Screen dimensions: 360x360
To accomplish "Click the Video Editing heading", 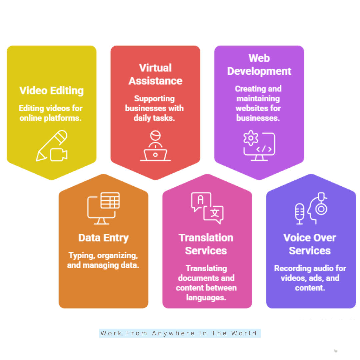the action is (x=51, y=91).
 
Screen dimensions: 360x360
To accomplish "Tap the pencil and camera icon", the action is (x=52, y=146).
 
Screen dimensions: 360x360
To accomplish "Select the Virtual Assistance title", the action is (x=155, y=74).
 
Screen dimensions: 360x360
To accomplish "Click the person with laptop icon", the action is (x=155, y=146).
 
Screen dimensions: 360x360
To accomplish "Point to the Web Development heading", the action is (x=259, y=65).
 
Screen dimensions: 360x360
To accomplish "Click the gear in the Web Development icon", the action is (x=251, y=138).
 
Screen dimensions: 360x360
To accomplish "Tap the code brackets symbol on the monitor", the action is (x=264, y=149).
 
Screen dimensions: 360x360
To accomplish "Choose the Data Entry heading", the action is (x=104, y=238).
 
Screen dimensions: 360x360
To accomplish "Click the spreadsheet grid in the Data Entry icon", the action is (x=110, y=200).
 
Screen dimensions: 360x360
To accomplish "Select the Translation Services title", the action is (x=206, y=244).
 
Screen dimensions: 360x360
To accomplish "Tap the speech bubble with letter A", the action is (x=201, y=201).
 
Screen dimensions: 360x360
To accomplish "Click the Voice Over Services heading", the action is (x=310, y=244).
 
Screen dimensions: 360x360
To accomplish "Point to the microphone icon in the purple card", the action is (x=299, y=214).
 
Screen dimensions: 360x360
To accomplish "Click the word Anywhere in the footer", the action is (x=173, y=333).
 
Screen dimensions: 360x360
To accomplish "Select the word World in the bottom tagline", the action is (x=244, y=333).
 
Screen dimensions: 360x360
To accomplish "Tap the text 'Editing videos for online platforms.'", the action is (x=51, y=113).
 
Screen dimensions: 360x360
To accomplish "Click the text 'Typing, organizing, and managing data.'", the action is (x=103, y=260).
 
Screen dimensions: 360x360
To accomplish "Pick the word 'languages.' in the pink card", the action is (x=206, y=298).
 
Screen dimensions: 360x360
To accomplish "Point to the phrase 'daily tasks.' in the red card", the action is (x=154, y=118).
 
